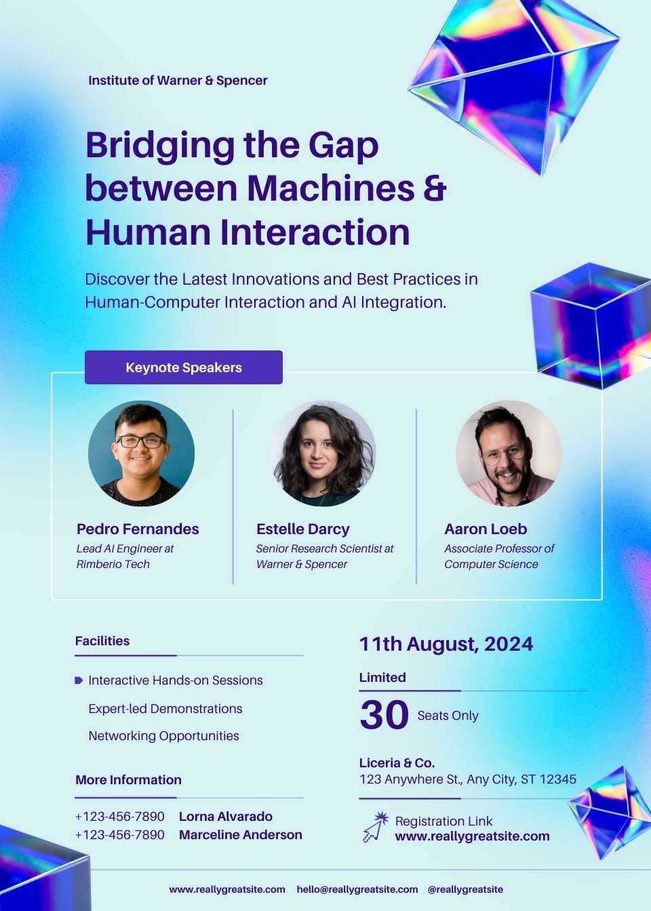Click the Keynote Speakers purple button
click(184, 367)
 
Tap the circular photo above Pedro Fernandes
click(141, 453)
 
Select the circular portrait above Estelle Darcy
click(323, 453)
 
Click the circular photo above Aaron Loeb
click(509, 453)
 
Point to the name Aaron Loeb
click(486, 529)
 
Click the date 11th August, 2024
click(446, 644)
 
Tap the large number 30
click(384, 714)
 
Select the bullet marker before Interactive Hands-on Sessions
click(79, 681)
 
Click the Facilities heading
click(102, 641)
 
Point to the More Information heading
click(129, 780)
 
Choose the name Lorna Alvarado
click(226, 817)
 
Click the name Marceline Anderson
click(241, 834)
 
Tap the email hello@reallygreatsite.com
click(357, 889)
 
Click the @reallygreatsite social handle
click(465, 889)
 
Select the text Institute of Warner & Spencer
click(178, 81)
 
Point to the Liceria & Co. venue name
click(397, 763)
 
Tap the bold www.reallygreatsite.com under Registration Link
click(473, 836)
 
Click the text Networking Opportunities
click(164, 735)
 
